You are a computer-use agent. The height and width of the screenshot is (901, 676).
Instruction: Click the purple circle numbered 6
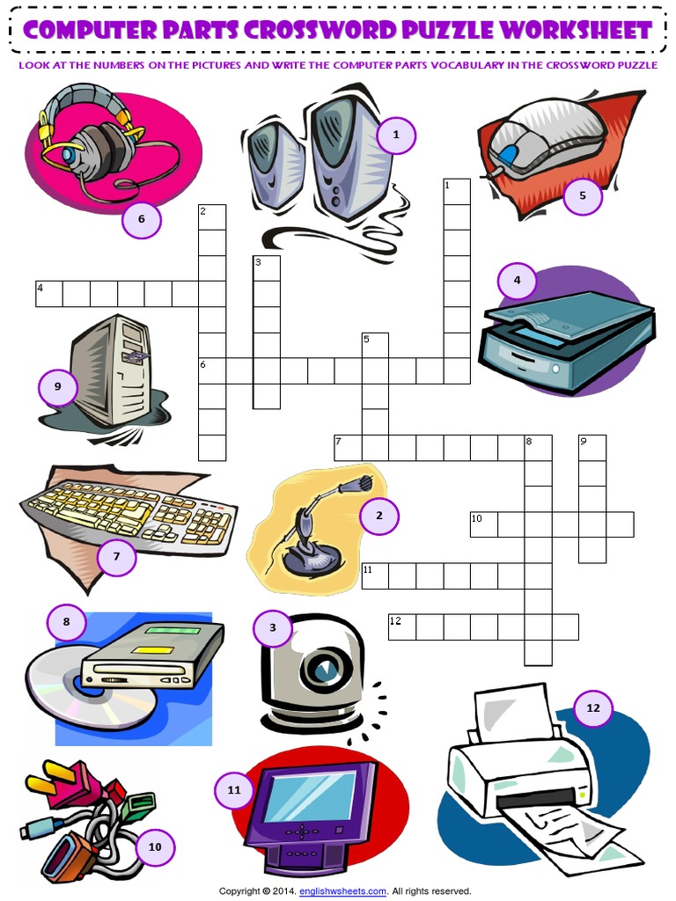pyautogui.click(x=141, y=219)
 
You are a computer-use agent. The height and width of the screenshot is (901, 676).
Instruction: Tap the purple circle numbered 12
pyautogui.click(x=592, y=707)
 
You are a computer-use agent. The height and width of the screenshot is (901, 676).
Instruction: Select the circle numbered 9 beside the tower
pyautogui.click(x=58, y=386)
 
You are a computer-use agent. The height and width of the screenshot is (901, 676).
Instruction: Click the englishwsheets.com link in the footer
pyautogui.click(x=342, y=890)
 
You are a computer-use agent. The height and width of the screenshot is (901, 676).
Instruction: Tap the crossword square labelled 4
pyautogui.click(x=49, y=294)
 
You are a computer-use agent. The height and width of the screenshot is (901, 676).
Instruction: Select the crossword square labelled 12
pyautogui.click(x=402, y=626)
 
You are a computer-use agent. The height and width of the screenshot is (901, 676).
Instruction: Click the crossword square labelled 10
pyautogui.click(x=483, y=524)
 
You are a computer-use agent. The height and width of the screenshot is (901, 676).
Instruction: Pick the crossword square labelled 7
pyautogui.click(x=348, y=447)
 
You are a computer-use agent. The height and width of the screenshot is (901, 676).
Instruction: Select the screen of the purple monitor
pyautogui.click(x=309, y=796)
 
